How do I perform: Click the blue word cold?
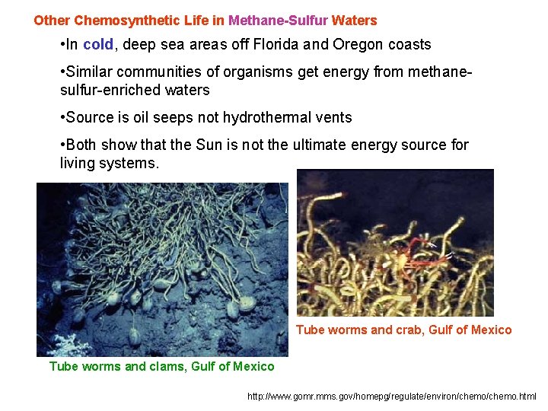(x=98, y=45)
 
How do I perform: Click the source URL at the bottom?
(x=392, y=396)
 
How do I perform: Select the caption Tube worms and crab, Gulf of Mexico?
(x=403, y=330)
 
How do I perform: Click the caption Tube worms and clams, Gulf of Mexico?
(x=161, y=366)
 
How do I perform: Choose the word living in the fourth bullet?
(x=76, y=163)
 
